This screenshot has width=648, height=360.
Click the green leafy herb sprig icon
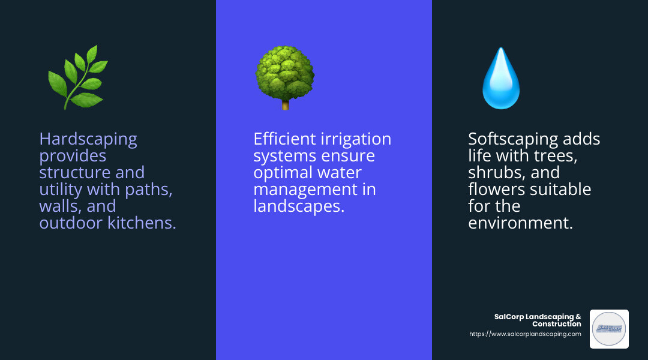click(77, 77)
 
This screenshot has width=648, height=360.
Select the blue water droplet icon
click(501, 78)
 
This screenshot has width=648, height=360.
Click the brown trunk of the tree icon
click(285, 104)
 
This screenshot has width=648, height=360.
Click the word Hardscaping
click(88, 139)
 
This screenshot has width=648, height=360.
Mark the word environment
click(520, 223)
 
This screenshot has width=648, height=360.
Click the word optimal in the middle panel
click(283, 173)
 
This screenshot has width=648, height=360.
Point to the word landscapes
click(298, 206)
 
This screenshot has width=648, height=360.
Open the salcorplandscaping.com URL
click(524, 334)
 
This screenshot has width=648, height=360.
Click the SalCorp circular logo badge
click(609, 329)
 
